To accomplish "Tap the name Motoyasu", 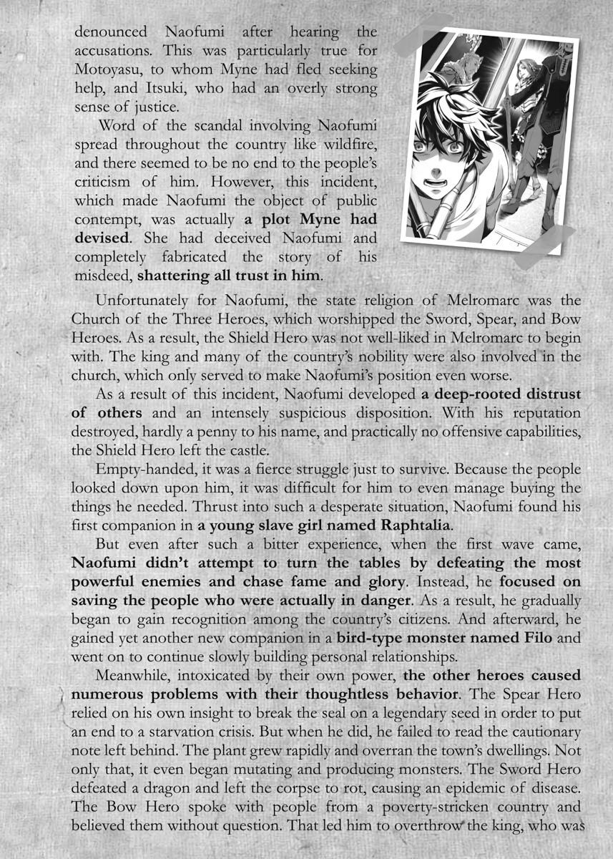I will (x=114, y=69).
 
